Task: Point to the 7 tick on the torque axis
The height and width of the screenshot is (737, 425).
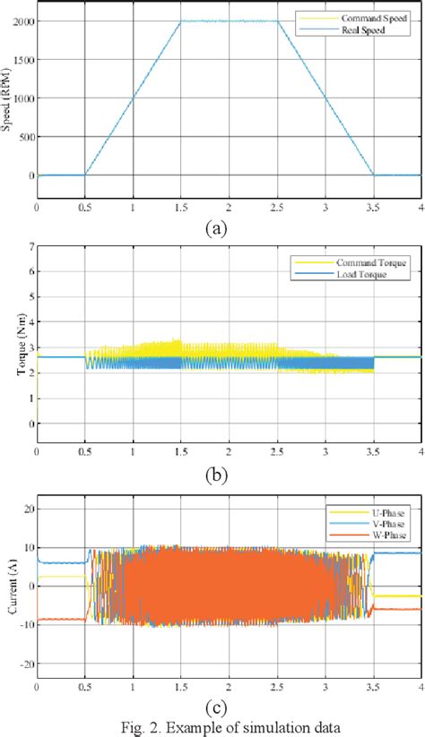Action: point(29,245)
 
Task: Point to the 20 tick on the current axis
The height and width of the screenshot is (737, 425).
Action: point(26,509)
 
